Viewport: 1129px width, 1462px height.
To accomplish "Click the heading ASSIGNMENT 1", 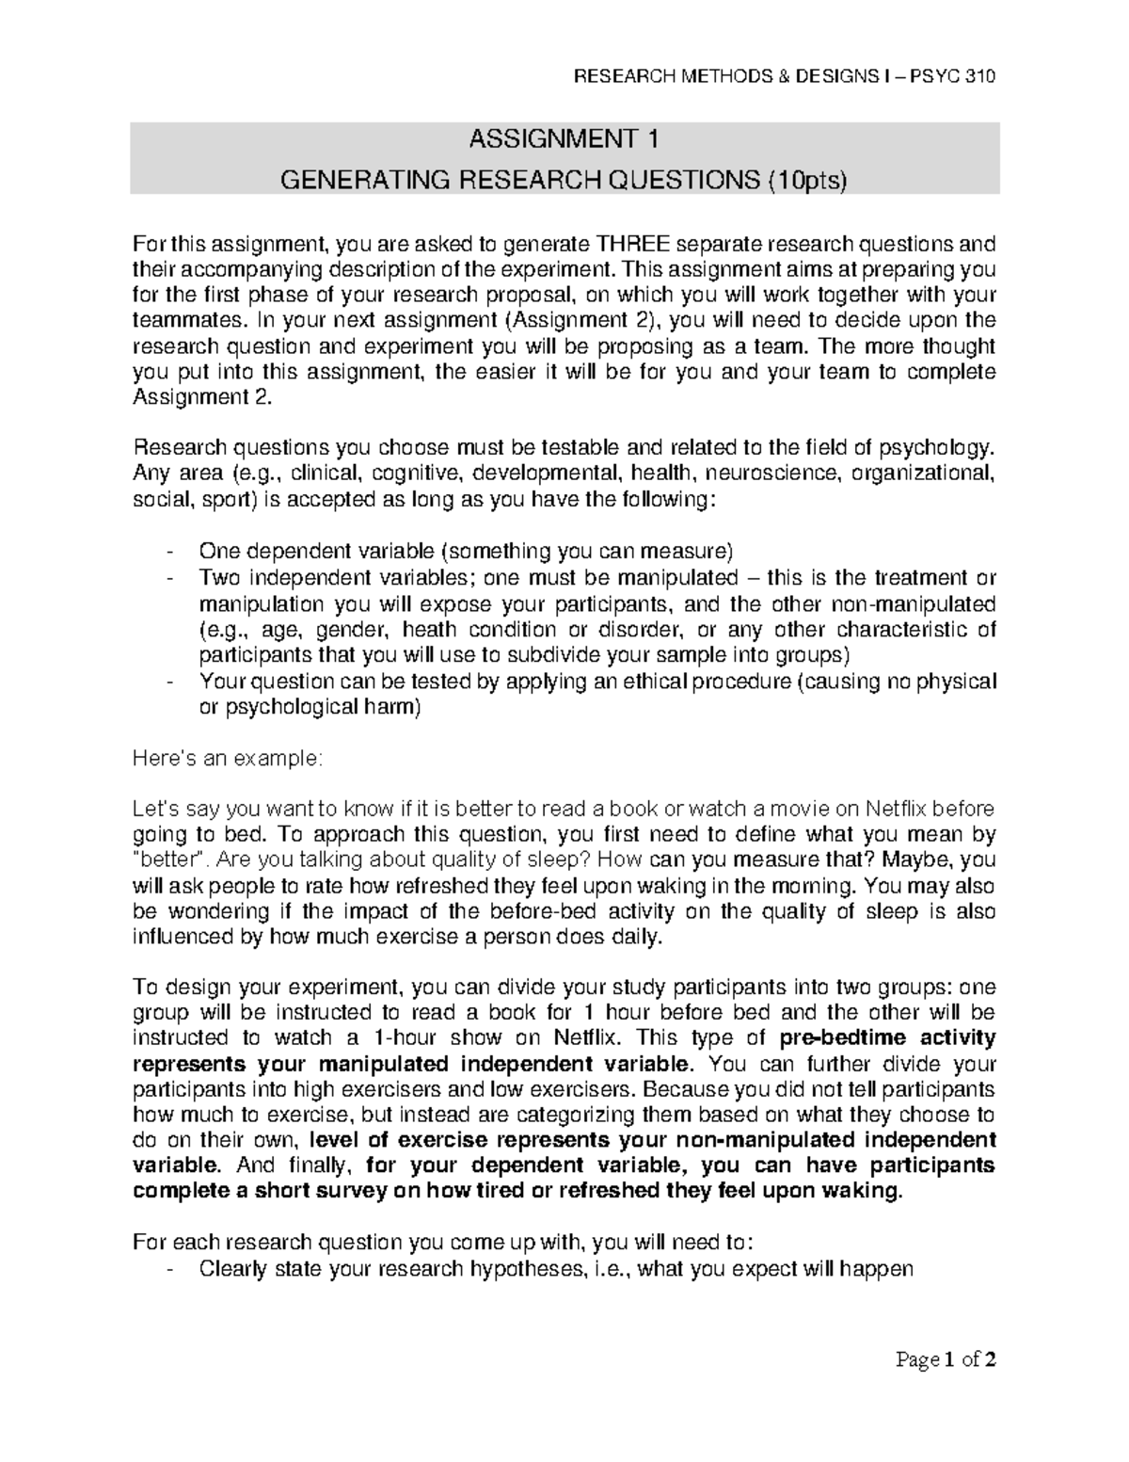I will click(564, 139).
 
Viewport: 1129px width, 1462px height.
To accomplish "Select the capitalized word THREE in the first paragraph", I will click(633, 245).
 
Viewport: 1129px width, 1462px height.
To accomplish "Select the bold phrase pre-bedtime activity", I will click(888, 1038).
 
